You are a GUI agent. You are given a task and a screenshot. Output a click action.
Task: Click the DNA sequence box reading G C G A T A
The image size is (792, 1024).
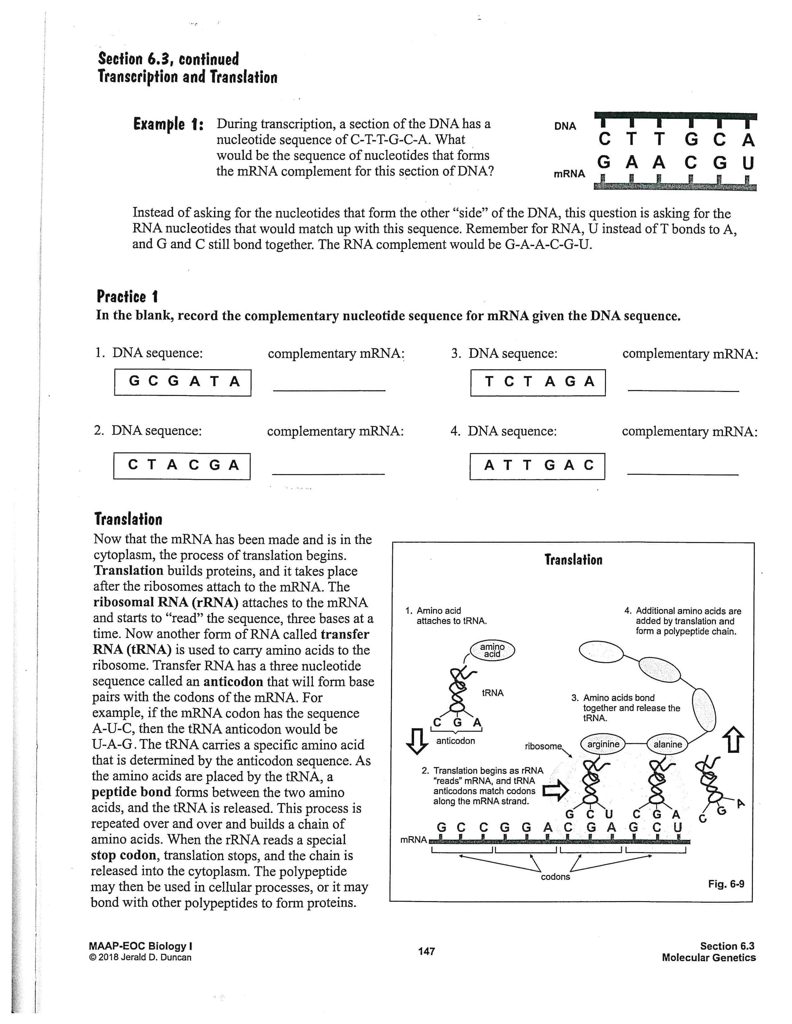tap(183, 382)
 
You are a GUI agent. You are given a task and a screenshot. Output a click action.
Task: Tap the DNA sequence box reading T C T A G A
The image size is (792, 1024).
tap(538, 382)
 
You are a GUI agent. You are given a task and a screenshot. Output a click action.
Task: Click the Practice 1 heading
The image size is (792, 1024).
tap(127, 297)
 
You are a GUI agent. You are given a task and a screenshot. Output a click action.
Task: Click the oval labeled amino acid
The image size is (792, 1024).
tap(492, 650)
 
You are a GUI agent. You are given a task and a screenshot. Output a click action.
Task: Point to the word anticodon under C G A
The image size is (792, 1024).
tap(455, 741)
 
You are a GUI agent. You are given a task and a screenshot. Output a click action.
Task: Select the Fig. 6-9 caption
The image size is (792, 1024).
tap(726, 884)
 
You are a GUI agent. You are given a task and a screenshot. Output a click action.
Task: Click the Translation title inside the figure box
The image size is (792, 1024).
tap(573, 560)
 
